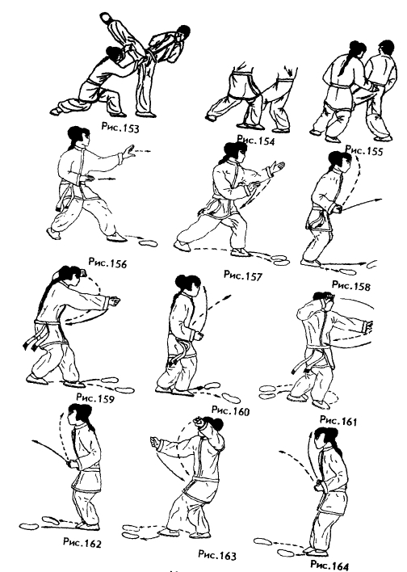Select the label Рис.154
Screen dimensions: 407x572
255,140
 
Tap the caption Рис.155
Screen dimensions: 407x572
364,149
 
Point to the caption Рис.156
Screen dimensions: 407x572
107,263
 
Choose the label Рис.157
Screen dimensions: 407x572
243,275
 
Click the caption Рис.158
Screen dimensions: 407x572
350,285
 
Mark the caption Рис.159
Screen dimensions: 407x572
95,397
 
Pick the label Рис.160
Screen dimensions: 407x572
230,410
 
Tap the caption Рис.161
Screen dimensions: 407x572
338,420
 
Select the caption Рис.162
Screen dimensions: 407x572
82,542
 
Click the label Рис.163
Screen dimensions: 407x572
217,554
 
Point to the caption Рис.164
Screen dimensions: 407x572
329,565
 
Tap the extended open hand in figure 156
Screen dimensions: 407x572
128,152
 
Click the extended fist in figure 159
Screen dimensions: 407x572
115,302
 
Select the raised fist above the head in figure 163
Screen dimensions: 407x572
199,422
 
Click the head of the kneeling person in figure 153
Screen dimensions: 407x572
114,55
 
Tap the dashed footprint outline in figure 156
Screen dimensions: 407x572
148,242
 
